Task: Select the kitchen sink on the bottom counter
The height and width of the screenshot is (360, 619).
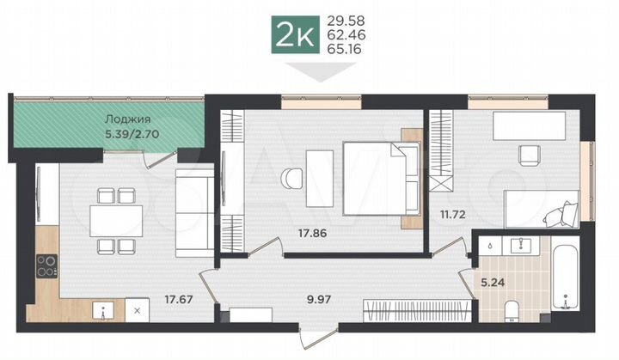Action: click(x=104, y=310)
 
